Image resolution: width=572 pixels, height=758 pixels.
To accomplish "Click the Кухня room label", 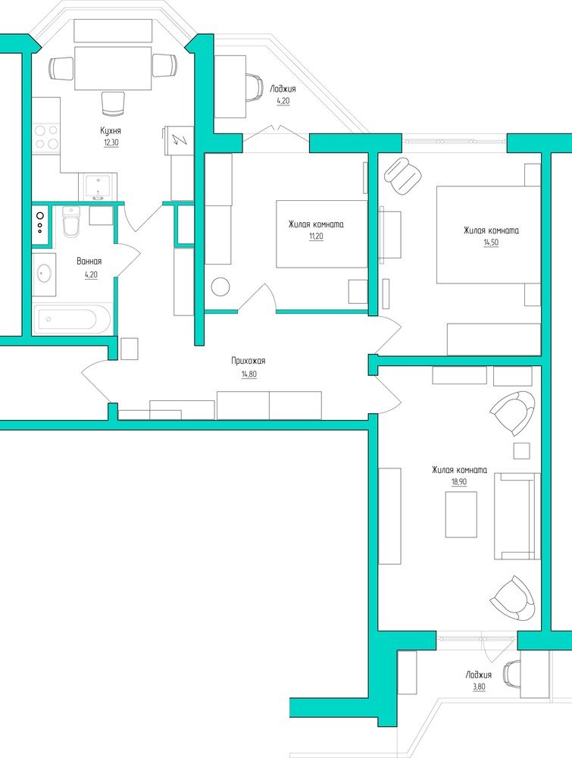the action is pos(111,130).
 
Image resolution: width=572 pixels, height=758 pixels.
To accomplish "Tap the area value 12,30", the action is pos(111,143).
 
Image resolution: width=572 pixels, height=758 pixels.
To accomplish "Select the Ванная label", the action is pos(89,262).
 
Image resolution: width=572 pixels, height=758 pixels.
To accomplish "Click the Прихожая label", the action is pos(248,361).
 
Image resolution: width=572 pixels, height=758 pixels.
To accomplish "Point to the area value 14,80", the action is pos(248,374).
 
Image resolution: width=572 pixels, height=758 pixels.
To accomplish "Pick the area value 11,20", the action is pos(317,236).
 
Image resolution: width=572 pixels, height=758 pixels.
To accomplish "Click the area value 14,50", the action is pos(491,243).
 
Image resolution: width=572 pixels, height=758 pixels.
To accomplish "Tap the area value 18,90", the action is pos(459,482).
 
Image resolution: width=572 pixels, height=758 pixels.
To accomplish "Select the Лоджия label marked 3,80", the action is pos(479,675).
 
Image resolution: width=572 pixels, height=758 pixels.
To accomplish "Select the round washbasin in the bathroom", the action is pos(45,274).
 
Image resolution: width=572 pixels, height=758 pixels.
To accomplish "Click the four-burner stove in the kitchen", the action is pos(46,136).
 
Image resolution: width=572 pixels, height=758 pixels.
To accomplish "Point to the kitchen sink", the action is pos(98,187).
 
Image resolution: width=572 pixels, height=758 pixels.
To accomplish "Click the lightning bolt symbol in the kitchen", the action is pos(180,140).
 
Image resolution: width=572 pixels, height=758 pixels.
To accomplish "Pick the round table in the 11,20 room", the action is pos(220,286).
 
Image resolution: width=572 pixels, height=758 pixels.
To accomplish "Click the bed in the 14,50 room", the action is pos(489,234).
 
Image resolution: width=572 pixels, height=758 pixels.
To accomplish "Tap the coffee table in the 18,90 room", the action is pos(461,515).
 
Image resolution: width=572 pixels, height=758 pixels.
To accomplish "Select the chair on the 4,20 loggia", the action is pos(255,87).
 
